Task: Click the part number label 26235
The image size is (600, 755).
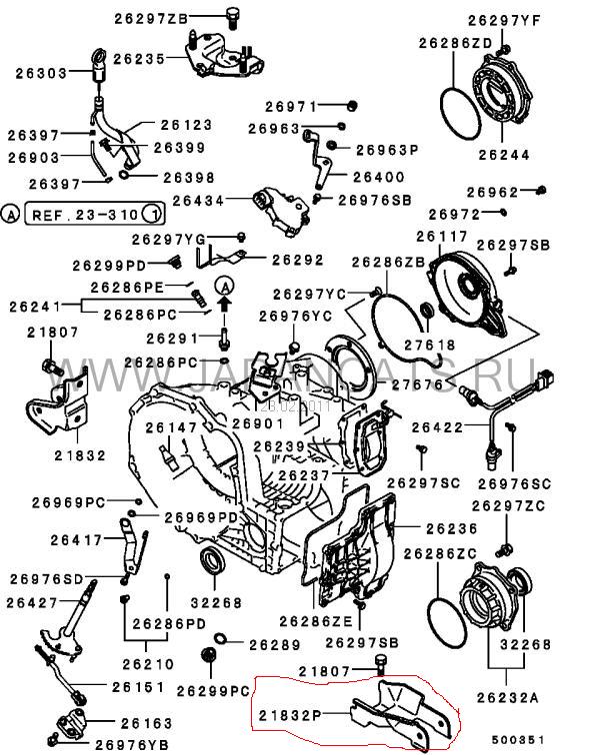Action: (138, 59)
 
